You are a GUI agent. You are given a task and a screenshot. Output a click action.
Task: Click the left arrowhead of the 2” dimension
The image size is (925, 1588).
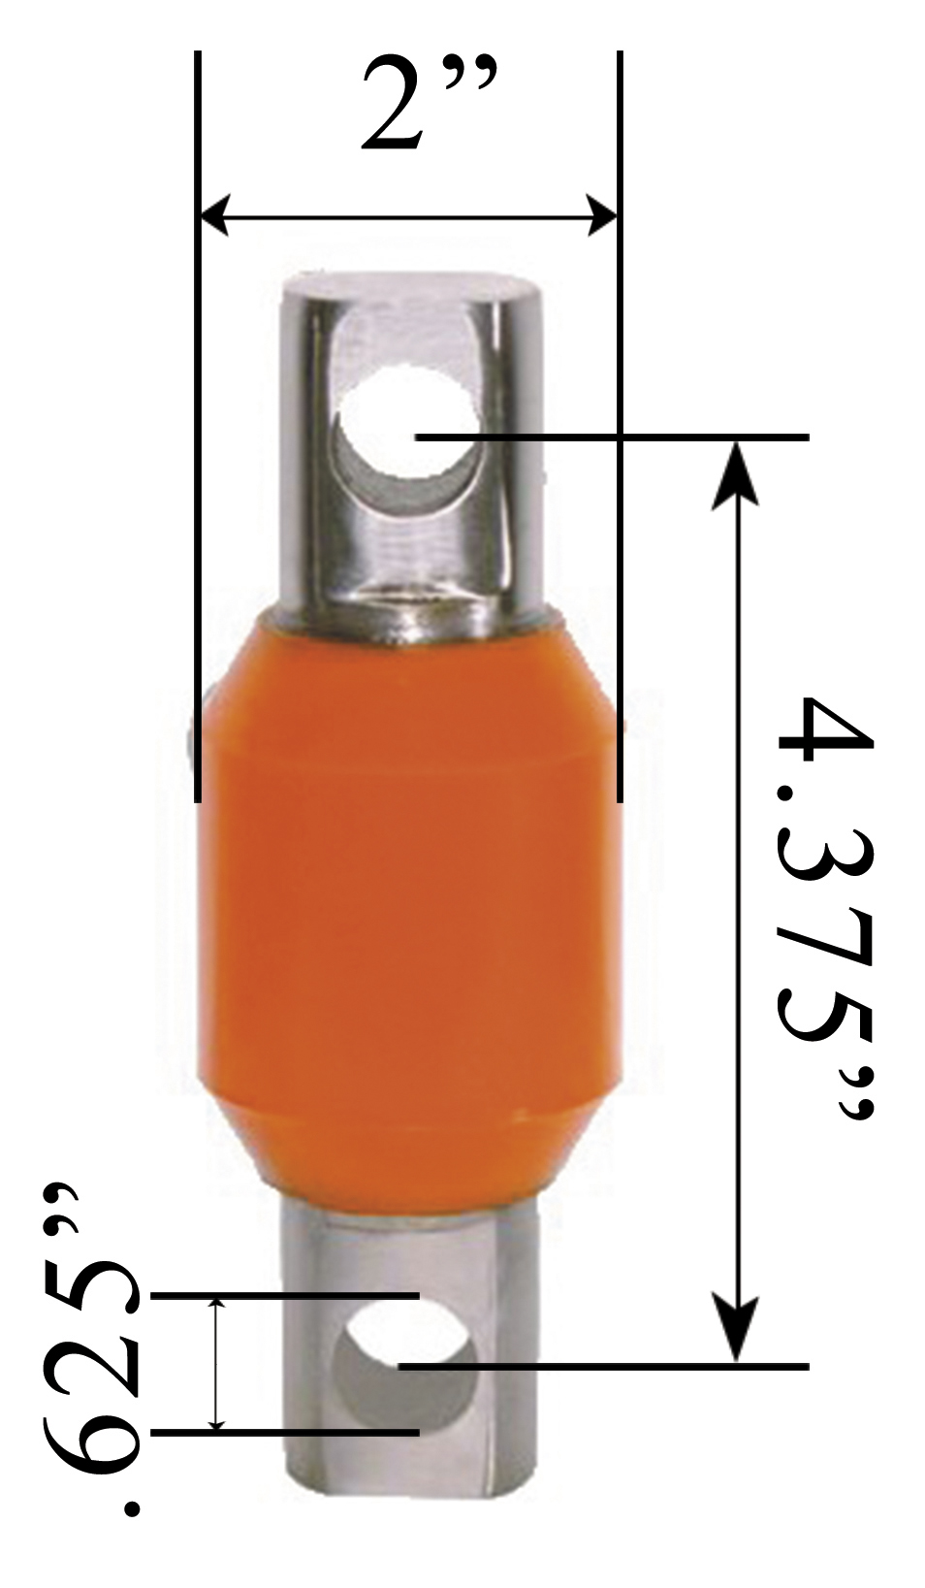click(214, 213)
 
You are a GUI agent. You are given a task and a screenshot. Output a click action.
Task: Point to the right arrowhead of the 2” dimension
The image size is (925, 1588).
click(600, 213)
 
